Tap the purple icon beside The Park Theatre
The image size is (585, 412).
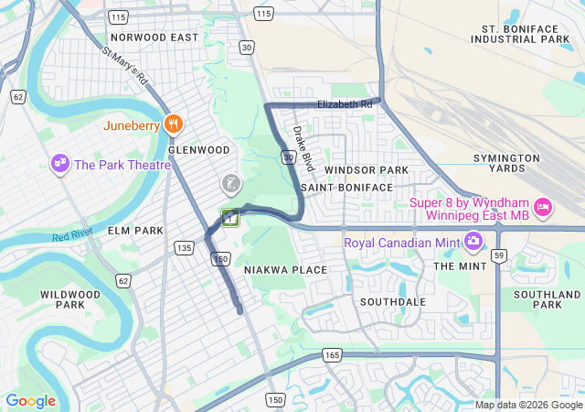[60, 164]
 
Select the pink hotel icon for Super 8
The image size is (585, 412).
[543, 208]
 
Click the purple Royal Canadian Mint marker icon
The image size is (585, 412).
[473, 243]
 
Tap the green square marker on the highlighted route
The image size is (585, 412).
[229, 218]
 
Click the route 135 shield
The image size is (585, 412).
[184, 248]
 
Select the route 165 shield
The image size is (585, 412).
[332, 354]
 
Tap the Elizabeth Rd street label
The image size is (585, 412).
[345, 105]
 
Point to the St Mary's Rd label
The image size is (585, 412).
[126, 69]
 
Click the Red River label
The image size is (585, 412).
[72, 236]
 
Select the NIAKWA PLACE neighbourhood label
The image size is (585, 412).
[285, 270]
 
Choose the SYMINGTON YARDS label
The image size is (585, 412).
[512, 163]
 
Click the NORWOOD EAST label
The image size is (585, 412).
[154, 38]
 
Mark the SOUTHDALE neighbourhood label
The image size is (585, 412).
[393, 301]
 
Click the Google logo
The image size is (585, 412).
[30, 401]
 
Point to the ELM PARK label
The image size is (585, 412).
[134, 231]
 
